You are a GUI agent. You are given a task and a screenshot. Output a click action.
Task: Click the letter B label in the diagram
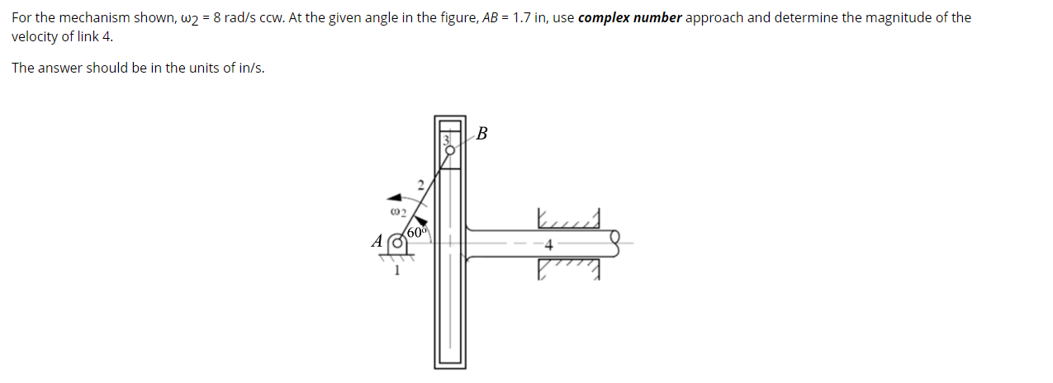(482, 134)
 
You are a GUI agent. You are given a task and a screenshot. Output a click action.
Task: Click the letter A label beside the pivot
(378, 242)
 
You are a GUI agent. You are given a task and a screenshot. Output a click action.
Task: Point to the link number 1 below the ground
(397, 270)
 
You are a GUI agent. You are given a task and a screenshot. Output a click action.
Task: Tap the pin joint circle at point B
(451, 149)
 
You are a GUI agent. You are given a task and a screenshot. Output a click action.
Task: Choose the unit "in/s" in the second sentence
(249, 68)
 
